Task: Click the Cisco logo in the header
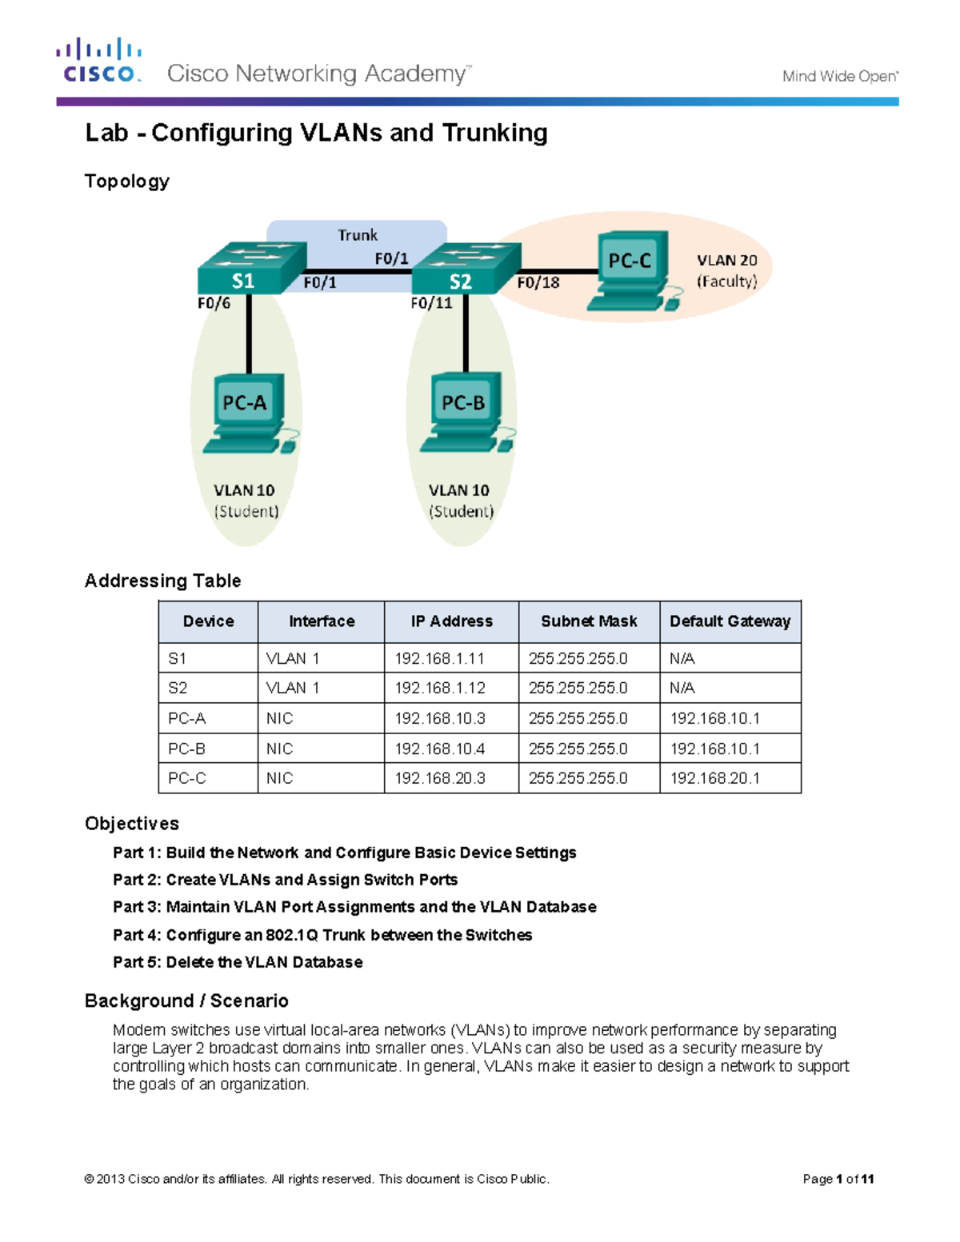click(x=98, y=61)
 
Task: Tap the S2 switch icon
click(x=466, y=269)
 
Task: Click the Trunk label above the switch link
click(x=357, y=235)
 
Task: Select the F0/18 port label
click(x=538, y=282)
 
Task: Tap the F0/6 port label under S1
click(x=214, y=303)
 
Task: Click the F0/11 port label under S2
click(x=431, y=303)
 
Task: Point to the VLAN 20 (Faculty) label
click(x=726, y=271)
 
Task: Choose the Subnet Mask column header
click(x=589, y=621)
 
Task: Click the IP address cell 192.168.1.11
click(x=439, y=658)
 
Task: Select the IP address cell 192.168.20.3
click(x=439, y=778)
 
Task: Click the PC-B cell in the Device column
click(x=186, y=749)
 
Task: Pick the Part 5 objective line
click(x=238, y=962)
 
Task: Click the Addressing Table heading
click(x=162, y=581)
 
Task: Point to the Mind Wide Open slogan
click(x=840, y=77)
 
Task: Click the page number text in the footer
click(x=838, y=1179)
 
